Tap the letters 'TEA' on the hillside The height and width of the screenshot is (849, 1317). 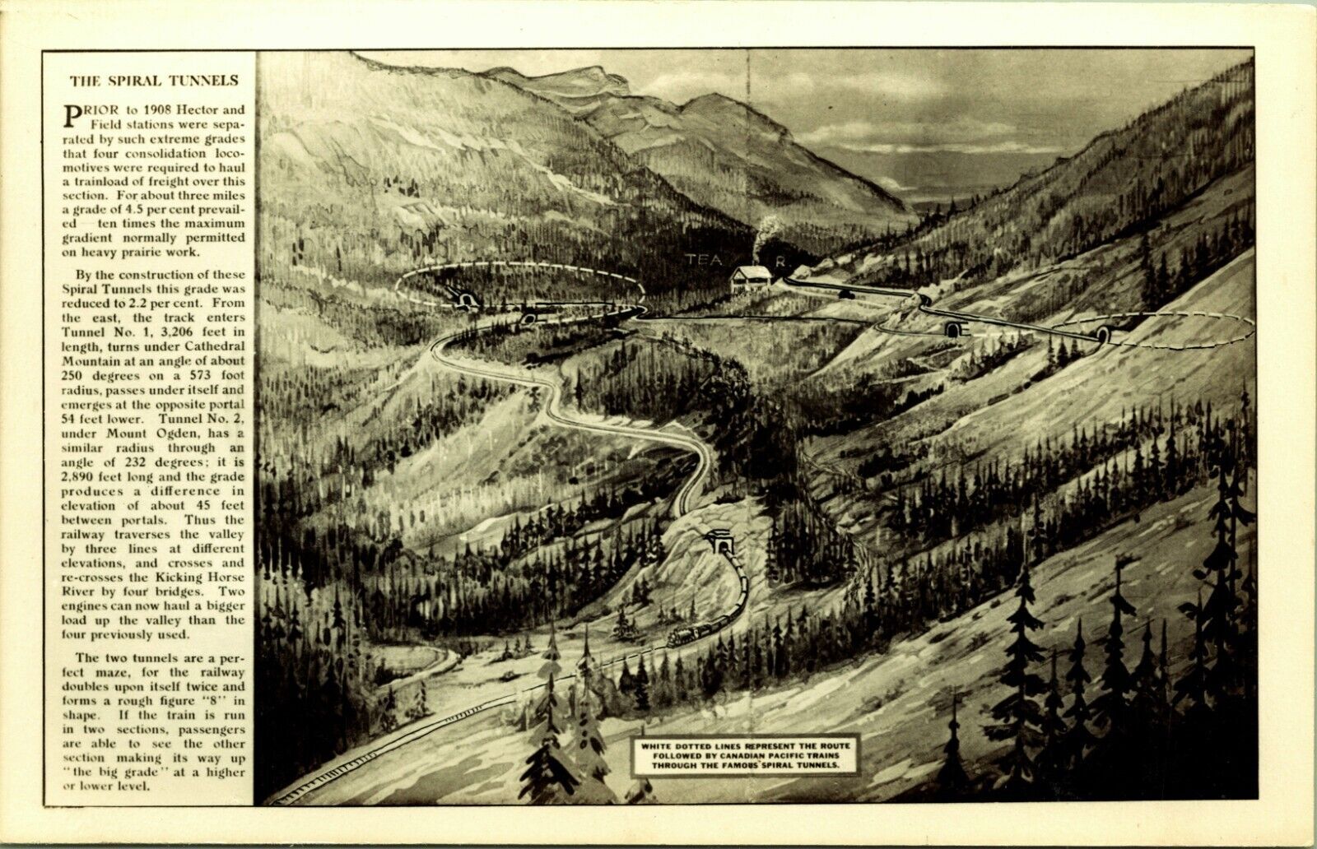click(x=704, y=259)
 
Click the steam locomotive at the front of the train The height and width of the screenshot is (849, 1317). click(x=683, y=634)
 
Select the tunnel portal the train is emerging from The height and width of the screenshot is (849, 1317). click(x=721, y=544)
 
